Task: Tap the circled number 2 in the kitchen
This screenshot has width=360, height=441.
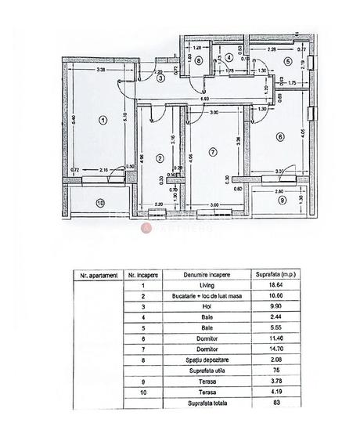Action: tap(160, 158)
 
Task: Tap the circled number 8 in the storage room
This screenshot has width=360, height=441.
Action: tap(200, 60)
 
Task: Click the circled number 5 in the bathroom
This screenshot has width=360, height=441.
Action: tap(287, 61)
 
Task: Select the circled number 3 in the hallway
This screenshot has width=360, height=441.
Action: tap(159, 78)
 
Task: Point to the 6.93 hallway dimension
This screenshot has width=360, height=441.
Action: tap(203, 99)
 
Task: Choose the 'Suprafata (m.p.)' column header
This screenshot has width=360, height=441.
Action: tap(269, 276)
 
